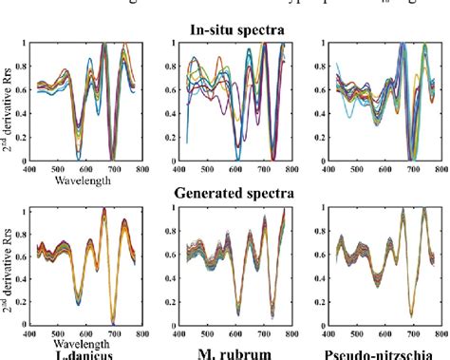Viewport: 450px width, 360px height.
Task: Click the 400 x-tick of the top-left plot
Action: pyautogui.click(x=32, y=168)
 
